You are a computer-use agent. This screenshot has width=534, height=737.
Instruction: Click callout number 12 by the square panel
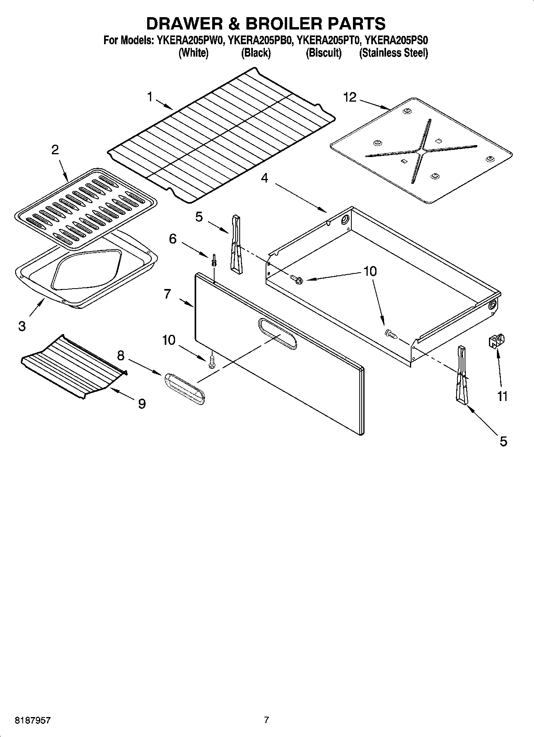click(350, 97)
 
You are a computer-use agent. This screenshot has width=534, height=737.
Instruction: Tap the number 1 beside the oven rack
click(150, 97)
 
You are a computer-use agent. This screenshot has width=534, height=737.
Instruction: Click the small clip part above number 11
click(496, 341)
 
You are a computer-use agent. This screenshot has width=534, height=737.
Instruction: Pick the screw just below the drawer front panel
click(211, 362)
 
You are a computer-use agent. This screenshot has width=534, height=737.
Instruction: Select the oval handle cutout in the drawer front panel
click(278, 334)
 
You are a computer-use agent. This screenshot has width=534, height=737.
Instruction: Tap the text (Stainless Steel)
click(393, 53)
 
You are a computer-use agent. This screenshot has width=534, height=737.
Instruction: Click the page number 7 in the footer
click(266, 720)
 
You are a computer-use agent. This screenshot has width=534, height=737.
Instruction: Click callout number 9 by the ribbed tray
click(142, 404)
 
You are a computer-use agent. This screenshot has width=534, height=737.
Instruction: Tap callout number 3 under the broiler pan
click(22, 326)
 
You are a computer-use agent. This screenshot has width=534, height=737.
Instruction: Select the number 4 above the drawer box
click(264, 178)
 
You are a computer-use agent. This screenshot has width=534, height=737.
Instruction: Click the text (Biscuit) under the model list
click(323, 53)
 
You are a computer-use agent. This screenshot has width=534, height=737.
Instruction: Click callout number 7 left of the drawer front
click(167, 294)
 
